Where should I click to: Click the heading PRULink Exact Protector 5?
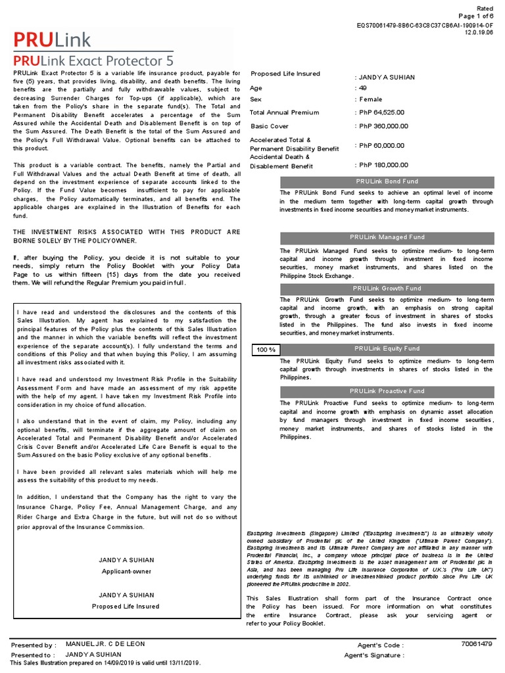pos(93,60)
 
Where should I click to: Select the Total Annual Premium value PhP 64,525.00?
pos(381,112)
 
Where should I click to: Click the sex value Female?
pos(369,99)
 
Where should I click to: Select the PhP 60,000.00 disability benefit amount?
pos(381,145)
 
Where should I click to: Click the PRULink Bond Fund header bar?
pos(387,181)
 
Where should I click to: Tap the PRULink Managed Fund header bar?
pos(387,237)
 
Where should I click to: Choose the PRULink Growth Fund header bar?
pos(387,289)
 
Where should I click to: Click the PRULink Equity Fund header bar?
pos(387,348)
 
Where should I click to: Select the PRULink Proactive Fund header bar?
pos(387,390)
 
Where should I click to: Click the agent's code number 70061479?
pos(477,645)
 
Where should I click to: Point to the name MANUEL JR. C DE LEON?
pos(105,644)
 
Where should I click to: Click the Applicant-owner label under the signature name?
pos(126,572)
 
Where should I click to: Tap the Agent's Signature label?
pos(374,655)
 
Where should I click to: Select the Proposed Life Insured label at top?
pos(285,74)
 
